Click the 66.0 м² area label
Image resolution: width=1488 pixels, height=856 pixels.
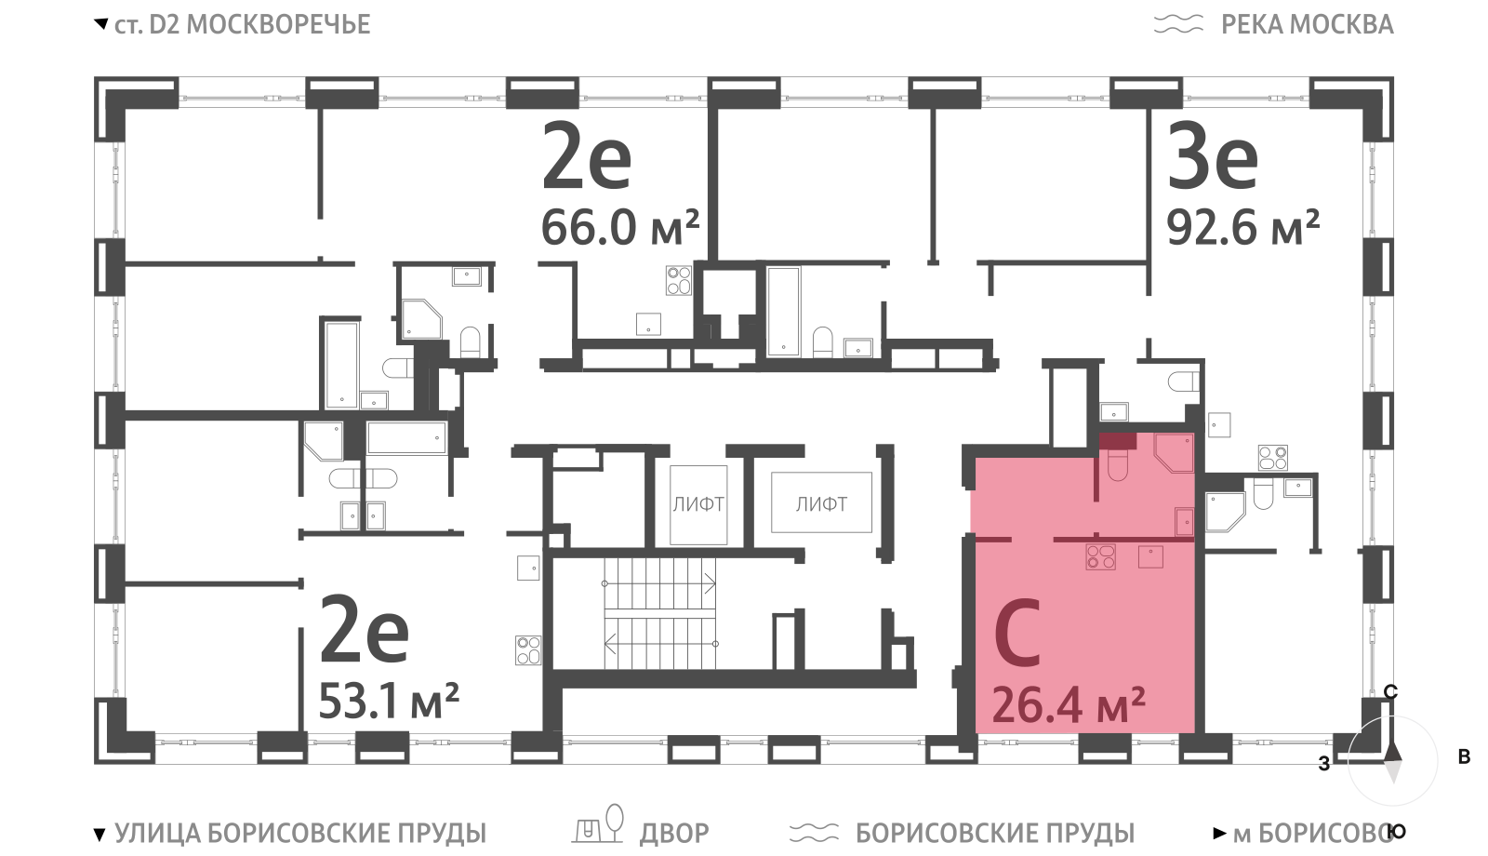point(620,227)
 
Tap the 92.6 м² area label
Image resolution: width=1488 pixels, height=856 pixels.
point(1242,227)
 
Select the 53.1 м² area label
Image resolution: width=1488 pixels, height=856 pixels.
point(390,702)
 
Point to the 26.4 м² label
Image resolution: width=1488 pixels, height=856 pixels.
point(1069,704)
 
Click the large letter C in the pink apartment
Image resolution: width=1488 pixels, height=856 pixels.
point(1017,633)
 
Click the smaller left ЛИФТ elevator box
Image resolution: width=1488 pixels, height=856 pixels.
point(698,504)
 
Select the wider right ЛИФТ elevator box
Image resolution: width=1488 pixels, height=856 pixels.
point(822,502)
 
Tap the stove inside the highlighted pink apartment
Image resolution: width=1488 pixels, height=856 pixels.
point(1100,557)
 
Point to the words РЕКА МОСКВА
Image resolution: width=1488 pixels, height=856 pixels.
point(1308,24)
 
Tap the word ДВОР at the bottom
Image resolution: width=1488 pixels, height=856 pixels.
point(674,833)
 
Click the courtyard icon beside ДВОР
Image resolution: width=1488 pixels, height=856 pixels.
point(599,824)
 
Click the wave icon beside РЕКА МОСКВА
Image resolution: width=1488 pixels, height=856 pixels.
point(1178,24)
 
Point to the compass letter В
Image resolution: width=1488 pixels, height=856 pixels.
point(1464,756)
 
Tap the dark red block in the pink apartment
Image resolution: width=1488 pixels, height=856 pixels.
point(1117,441)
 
